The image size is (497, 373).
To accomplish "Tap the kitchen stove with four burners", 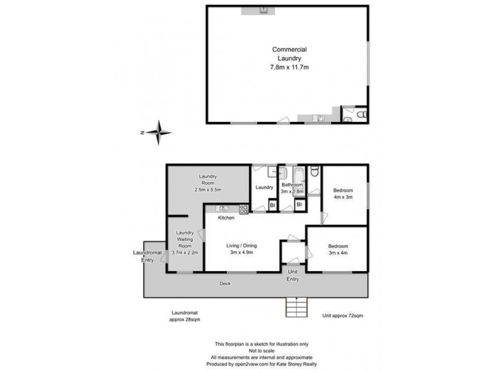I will pos(244,210).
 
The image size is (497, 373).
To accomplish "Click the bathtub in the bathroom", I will pos(299,173).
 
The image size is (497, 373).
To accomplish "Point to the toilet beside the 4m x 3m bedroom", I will pos(314,171).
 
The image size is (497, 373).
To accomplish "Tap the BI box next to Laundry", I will pos(272,205).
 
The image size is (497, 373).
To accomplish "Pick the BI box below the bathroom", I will pos(299,205).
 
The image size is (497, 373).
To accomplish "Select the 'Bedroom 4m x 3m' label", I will pos(343,193).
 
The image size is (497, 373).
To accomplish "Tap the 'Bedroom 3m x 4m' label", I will pos(339,250).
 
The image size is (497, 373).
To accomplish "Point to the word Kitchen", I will pos(226,218).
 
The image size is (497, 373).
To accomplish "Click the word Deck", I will pos(224,284).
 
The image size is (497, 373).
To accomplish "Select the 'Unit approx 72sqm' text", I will pos(342,316).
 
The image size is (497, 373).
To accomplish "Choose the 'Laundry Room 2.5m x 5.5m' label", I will pos(208,183).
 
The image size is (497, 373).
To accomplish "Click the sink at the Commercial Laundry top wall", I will pos(263,9).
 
